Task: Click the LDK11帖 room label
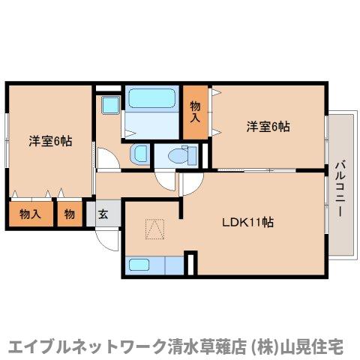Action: point(247,223)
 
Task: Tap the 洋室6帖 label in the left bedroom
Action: point(50,140)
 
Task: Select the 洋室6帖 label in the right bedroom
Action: point(268,127)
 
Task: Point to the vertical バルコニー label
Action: point(340,187)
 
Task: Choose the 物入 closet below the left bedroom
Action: point(30,214)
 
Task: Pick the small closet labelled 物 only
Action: point(69,214)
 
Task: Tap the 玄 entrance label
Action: point(103,214)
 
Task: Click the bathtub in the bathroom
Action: point(151,100)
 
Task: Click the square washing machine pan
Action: point(111,104)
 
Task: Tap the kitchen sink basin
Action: point(140,264)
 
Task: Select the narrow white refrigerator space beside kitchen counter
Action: point(190,264)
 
